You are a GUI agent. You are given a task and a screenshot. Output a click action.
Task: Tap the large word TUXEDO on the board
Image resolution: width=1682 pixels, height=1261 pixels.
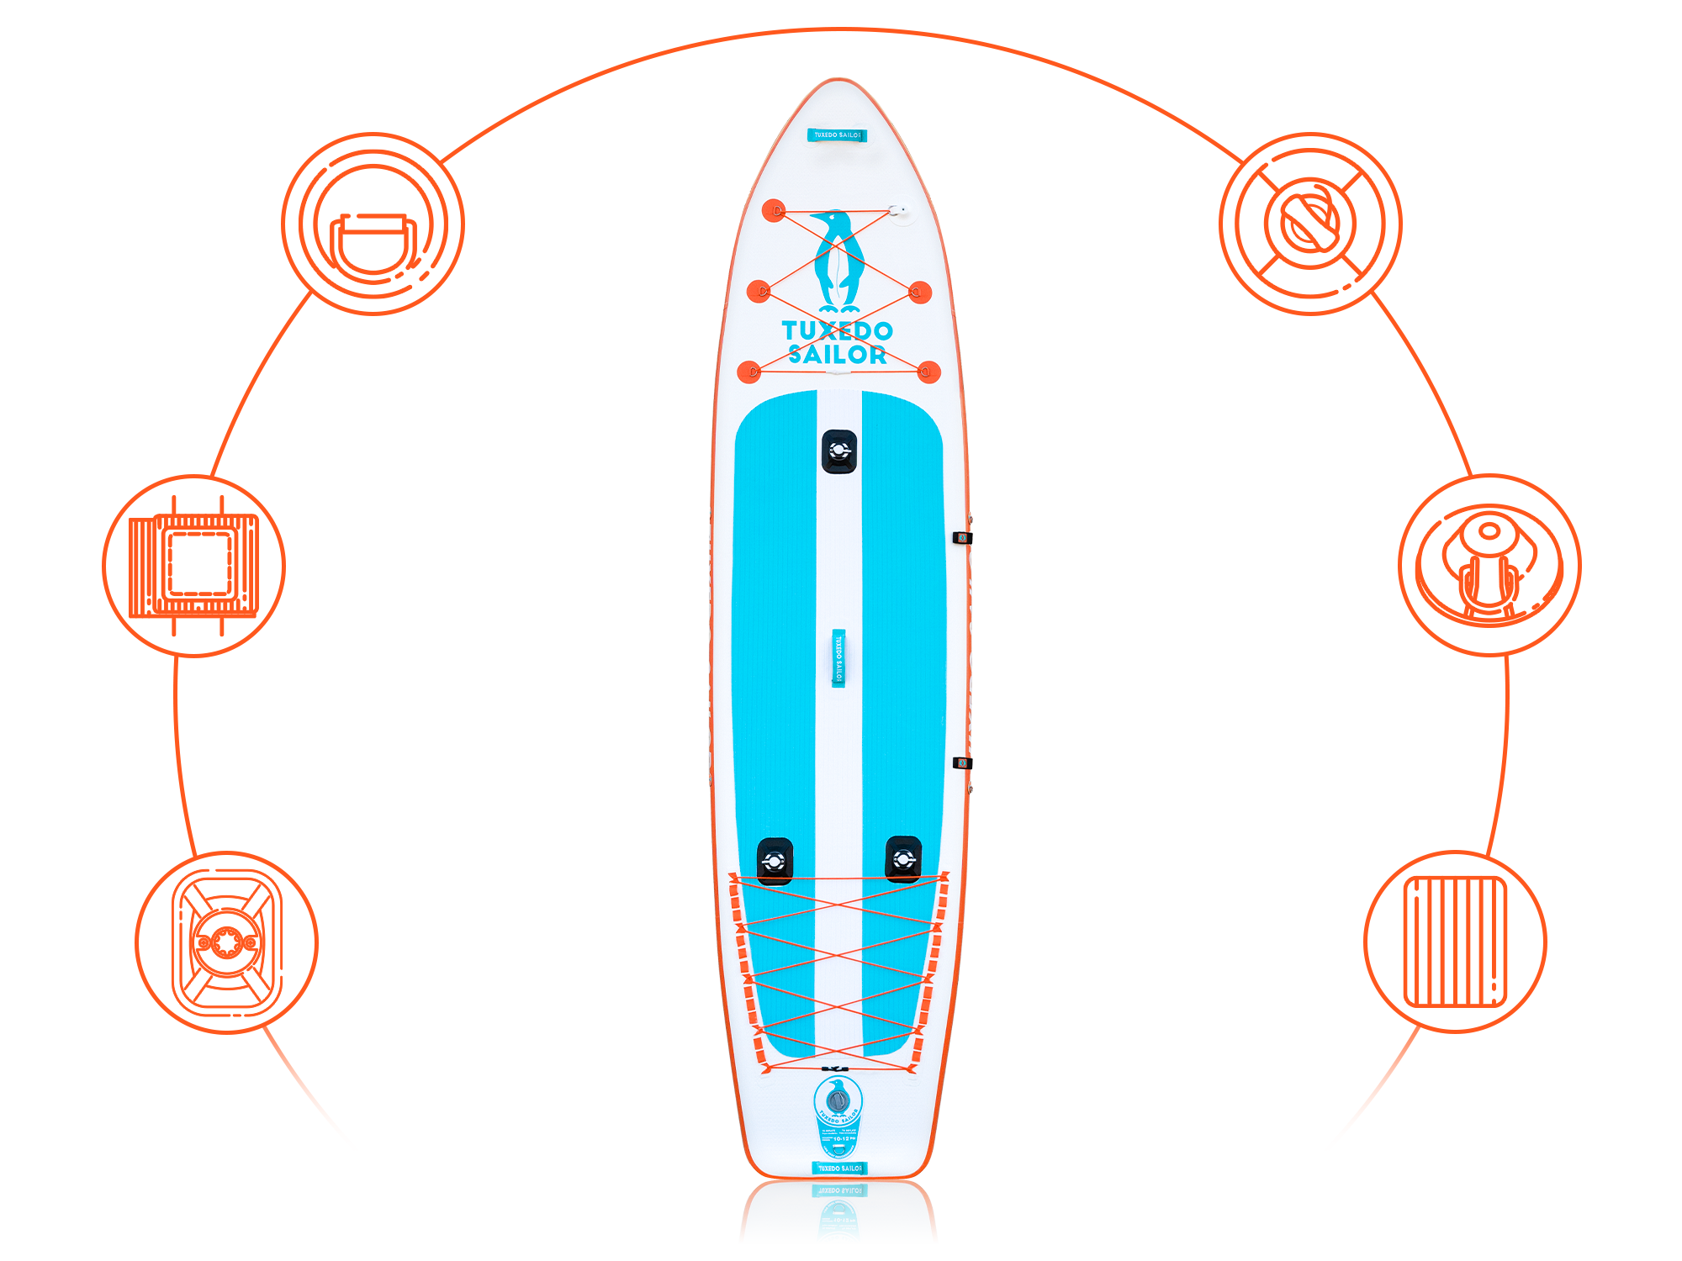click(837, 330)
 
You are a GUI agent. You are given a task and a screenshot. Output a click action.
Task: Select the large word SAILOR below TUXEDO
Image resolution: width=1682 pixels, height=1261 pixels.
click(838, 355)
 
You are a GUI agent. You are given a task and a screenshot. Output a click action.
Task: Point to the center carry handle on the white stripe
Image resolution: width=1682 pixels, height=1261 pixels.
click(838, 657)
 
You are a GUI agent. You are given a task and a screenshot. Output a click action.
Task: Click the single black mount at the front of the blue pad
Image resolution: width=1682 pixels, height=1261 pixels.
click(839, 451)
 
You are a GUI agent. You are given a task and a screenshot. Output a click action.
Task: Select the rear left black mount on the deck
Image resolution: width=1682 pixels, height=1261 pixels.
click(775, 860)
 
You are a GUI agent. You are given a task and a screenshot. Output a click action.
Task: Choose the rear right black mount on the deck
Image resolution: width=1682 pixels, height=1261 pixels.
click(903, 858)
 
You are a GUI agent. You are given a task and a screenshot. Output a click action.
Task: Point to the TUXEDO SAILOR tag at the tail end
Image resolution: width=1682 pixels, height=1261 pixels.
click(838, 1168)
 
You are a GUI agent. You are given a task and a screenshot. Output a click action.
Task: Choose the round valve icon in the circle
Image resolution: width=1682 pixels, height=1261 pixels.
click(225, 942)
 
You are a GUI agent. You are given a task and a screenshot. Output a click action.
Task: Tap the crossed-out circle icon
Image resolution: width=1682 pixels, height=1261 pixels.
click(1310, 224)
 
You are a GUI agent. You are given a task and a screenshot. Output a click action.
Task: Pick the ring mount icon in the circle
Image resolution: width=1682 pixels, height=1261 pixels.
click(1489, 565)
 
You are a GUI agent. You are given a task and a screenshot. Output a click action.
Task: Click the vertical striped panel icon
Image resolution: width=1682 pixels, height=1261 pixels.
click(1456, 942)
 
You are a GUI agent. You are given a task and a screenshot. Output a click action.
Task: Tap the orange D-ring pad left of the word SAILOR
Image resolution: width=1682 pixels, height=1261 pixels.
click(749, 371)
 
